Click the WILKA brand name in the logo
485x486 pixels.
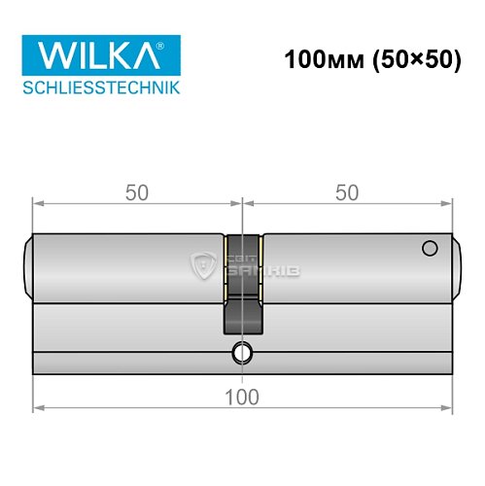click(x=93, y=57)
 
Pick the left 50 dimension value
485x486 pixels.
click(x=137, y=192)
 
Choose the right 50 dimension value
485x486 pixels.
click(x=347, y=192)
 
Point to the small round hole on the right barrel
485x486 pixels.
click(x=427, y=250)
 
